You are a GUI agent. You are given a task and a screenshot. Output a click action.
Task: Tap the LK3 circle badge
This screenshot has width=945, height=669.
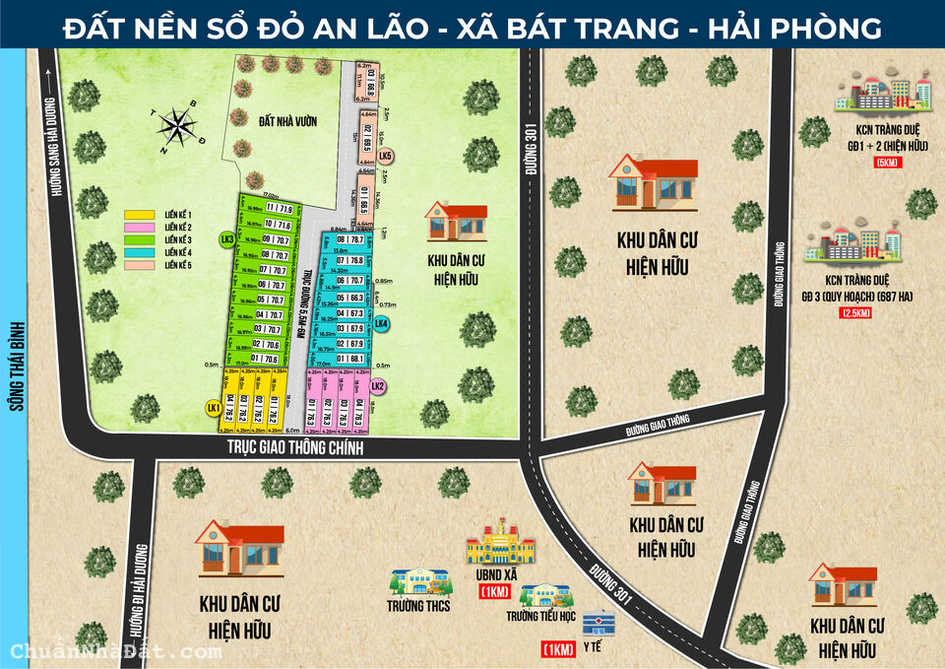(227, 239)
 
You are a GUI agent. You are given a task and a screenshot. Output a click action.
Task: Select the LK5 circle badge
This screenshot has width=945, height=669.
(385, 157)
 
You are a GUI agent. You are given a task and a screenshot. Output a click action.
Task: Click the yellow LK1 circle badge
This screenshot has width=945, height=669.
(212, 406)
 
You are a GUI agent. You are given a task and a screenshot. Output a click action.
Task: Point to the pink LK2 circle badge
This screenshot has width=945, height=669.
(377, 386)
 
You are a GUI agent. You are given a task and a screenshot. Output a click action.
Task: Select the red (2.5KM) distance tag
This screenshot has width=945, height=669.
(855, 312)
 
